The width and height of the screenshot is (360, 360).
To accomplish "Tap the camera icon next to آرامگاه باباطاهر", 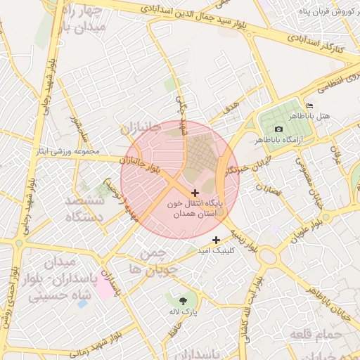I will [278, 129].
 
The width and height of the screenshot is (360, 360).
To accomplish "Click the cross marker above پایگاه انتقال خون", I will [195, 192].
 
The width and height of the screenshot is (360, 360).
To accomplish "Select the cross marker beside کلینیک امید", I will [216, 240].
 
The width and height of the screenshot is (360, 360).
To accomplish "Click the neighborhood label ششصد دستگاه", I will [84, 210].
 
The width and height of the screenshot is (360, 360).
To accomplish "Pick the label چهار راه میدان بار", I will [79, 19].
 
